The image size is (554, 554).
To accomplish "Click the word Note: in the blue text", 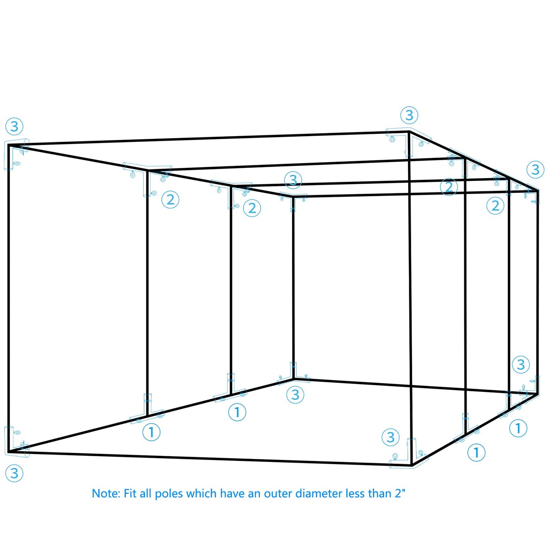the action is coord(105,493).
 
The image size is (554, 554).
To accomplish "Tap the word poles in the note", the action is coord(169,494).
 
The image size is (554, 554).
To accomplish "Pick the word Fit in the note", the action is coord(130,493).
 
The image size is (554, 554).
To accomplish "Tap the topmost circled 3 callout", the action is coord(409,115).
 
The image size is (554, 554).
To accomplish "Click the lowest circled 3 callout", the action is coord(14,473).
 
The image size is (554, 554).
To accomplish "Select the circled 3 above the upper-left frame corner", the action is coord(14,126).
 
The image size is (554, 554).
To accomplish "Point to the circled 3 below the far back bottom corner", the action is coord(295,395).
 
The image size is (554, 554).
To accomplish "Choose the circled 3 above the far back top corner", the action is coord(293,180).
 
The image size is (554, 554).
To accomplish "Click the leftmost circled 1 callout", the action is coord(151,432).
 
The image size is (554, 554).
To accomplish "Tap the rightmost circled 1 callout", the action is coord(518,428).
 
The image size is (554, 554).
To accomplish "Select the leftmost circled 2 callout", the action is coord(170,200).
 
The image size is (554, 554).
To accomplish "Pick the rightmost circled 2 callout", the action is coord(495,205).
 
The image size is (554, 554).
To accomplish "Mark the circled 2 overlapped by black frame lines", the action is coord(449,187).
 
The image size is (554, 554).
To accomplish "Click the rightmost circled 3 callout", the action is coord(535,169).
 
